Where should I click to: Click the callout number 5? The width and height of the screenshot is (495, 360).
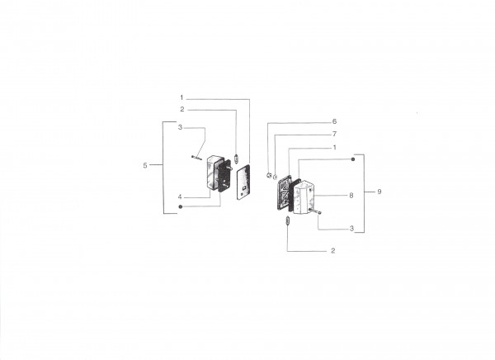(x=145, y=165)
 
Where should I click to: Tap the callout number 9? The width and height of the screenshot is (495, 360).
(x=379, y=192)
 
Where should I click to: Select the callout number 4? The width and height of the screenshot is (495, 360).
(x=180, y=197)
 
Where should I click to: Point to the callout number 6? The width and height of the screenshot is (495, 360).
(x=334, y=121)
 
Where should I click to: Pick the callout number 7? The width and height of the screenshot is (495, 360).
(x=334, y=134)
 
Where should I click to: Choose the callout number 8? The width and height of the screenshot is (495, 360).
(x=351, y=196)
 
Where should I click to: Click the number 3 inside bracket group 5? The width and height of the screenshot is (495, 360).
(x=180, y=127)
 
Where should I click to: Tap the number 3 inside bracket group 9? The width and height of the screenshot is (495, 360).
(x=351, y=229)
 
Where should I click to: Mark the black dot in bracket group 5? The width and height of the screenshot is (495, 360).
(x=180, y=206)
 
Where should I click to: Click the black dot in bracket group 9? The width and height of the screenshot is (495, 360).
(x=353, y=159)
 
